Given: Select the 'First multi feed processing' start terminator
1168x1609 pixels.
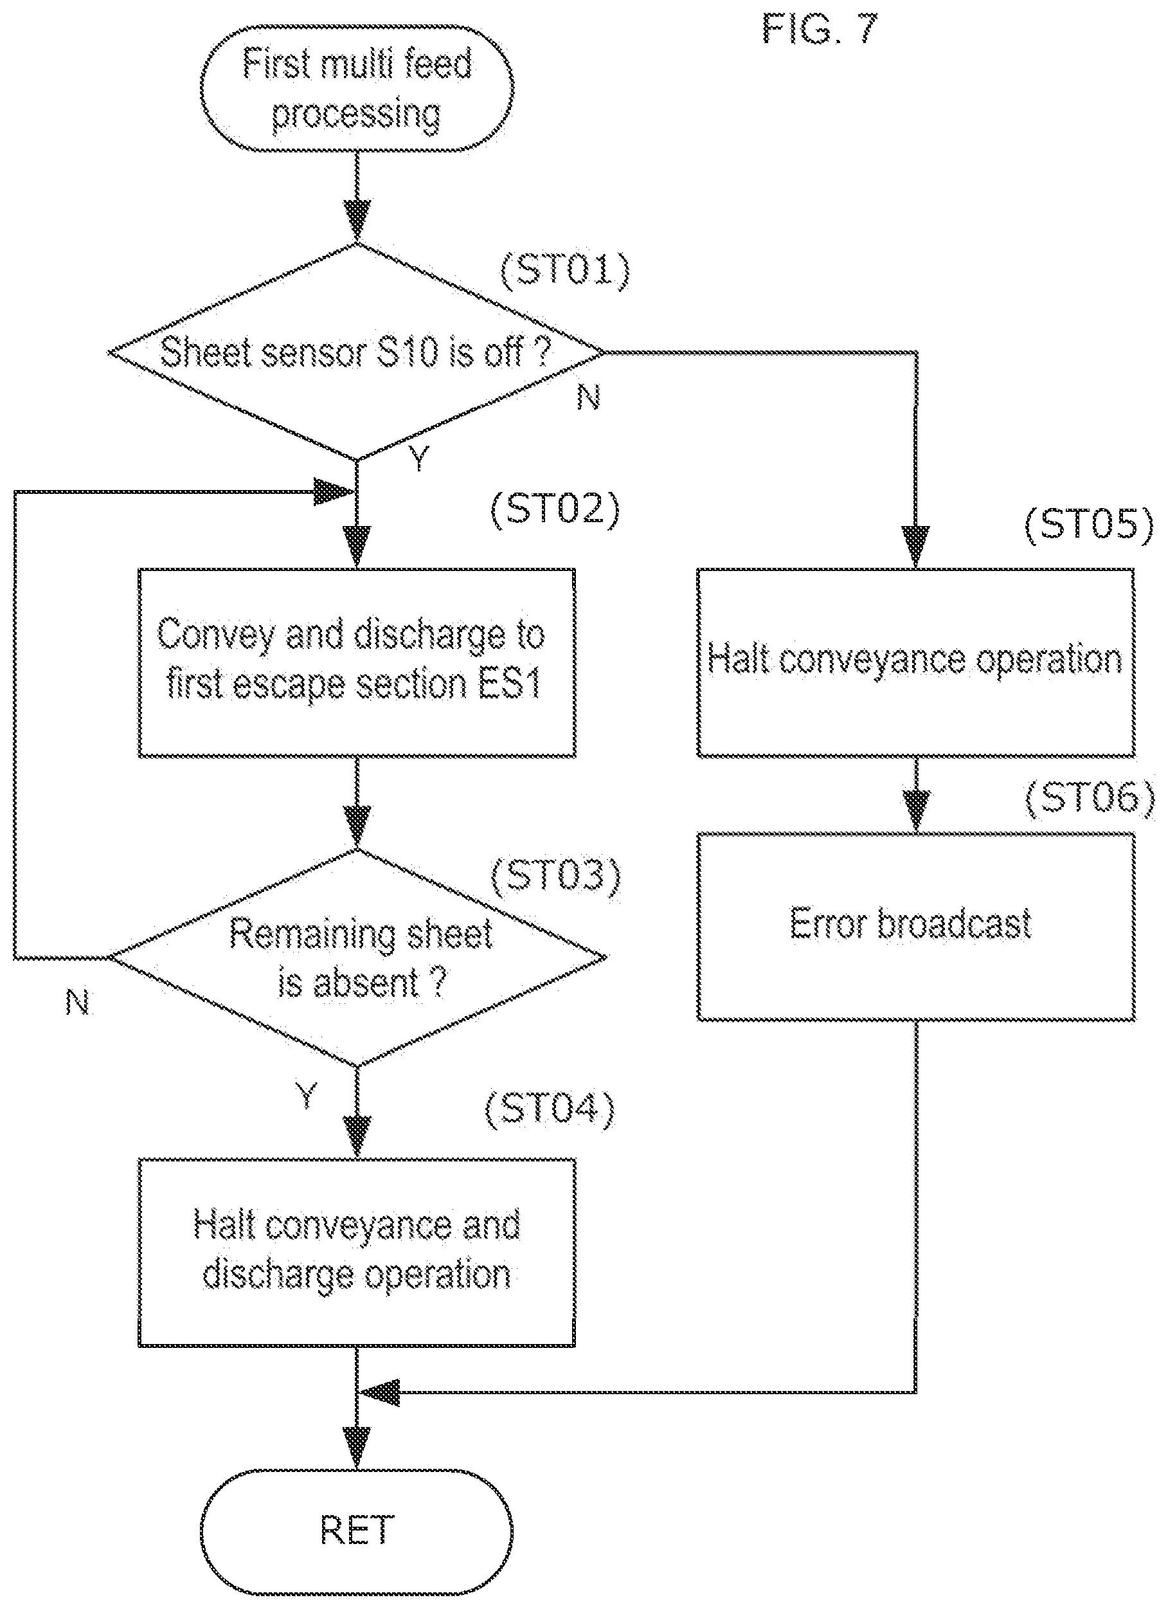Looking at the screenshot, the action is click(357, 89).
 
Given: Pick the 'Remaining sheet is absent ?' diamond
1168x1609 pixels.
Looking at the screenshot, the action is click(358, 958).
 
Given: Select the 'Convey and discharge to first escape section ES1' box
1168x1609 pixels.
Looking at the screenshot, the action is click(356, 662).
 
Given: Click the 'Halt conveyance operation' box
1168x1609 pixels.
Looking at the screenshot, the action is click(915, 662).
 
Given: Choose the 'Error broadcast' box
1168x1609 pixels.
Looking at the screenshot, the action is click(915, 927).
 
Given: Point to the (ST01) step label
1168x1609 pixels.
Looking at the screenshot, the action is click(565, 270).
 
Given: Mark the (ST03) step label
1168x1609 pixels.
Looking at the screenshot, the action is click(555, 877).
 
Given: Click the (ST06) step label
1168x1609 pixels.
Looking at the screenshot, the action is click(1090, 799).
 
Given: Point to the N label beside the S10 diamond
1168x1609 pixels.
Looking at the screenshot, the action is click(589, 398).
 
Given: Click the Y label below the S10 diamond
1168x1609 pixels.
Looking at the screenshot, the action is click(420, 460).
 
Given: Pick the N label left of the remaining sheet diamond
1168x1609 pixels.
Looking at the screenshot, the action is click(78, 1003).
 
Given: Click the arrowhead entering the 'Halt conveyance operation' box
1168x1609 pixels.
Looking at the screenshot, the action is click(915, 547).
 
